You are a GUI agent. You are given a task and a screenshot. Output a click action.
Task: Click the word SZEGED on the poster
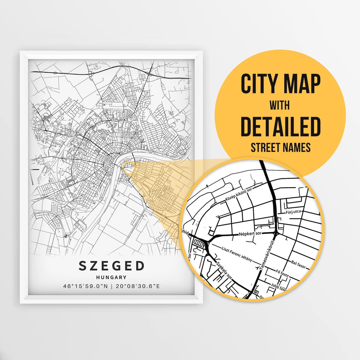coord(112,266)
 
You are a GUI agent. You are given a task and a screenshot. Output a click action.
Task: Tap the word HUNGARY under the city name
coord(112,277)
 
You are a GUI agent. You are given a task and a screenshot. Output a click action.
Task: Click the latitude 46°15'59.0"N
coord(85,286)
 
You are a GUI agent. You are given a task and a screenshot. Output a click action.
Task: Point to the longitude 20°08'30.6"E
coord(137,286)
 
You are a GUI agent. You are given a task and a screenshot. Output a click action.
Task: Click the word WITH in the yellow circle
coord(280,105)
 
